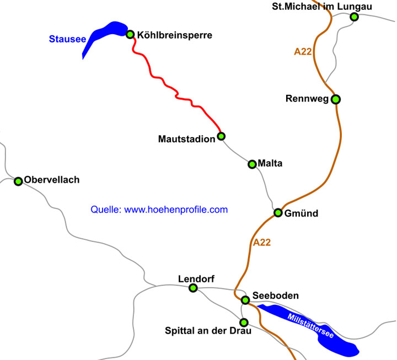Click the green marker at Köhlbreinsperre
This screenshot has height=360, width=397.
pyautogui.click(x=131, y=34)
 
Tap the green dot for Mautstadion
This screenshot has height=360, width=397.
pyautogui.click(x=221, y=136)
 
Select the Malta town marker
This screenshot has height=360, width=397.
pyautogui.click(x=252, y=164)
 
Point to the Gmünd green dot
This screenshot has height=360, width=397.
pyautogui.click(x=278, y=213)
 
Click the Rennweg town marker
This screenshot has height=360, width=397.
pyautogui.click(x=335, y=99)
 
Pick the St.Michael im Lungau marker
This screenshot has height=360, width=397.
pyautogui.click(x=354, y=17)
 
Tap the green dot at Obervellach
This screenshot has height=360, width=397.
pyautogui.click(x=18, y=181)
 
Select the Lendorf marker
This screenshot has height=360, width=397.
pyautogui.click(x=193, y=288)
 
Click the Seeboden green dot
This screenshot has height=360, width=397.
pyautogui.click(x=245, y=300)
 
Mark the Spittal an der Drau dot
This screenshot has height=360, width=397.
pyautogui.click(x=244, y=323)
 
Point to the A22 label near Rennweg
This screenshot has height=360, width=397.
pyautogui.click(x=303, y=52)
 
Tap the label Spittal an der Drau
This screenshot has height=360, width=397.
pyautogui.click(x=208, y=331)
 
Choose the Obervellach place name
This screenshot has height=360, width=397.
pyautogui.click(x=52, y=180)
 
